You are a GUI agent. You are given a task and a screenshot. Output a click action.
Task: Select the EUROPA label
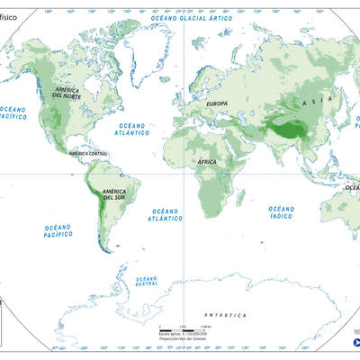[218, 104]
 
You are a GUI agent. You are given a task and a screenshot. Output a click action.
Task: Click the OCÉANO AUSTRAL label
[148, 281]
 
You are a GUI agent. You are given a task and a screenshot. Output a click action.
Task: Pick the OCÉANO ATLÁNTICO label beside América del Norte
[133, 130]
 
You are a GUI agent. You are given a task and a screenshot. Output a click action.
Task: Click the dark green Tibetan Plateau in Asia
[290, 131]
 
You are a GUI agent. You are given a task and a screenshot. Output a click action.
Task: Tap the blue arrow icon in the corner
[355, 343]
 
